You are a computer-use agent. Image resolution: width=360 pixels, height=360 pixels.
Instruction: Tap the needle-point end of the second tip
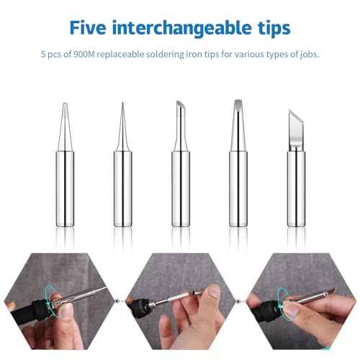pyautogui.click(x=122, y=108)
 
